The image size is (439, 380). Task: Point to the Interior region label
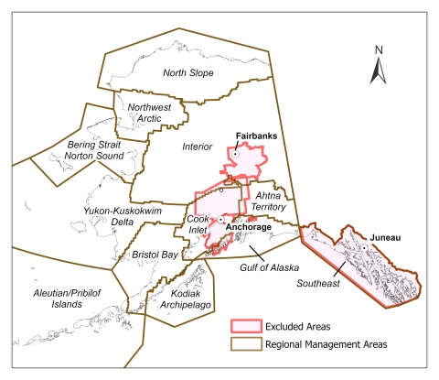click(x=194, y=147)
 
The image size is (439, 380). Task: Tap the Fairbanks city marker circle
click(x=234, y=155)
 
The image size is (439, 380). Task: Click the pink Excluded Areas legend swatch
click(x=245, y=325)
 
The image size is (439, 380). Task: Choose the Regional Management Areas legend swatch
click(x=245, y=345)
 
